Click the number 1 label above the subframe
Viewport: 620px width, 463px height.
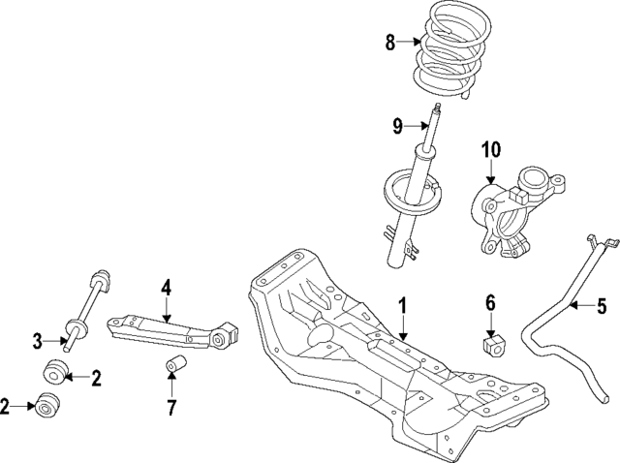[x=402, y=308]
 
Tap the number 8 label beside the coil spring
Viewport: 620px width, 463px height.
[x=390, y=42]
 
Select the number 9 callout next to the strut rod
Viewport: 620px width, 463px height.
[x=397, y=125]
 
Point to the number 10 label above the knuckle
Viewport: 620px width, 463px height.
[x=490, y=149]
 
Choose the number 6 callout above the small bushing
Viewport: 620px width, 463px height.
[x=490, y=305]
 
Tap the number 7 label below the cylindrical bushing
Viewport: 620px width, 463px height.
[x=171, y=406]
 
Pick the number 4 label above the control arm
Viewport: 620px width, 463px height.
[x=166, y=287]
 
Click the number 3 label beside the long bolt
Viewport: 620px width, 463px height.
[x=38, y=340]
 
